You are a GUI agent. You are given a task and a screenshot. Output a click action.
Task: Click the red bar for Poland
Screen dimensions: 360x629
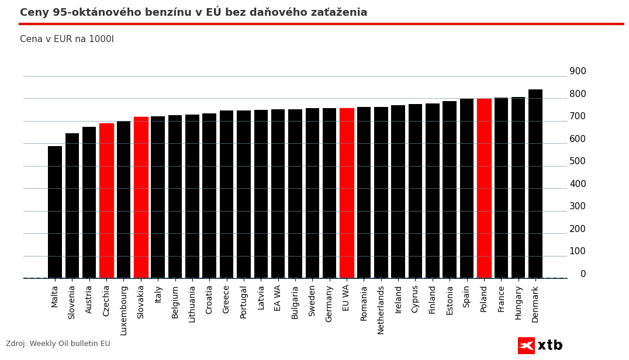484,188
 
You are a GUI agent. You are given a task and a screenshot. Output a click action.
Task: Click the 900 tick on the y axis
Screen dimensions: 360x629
578,71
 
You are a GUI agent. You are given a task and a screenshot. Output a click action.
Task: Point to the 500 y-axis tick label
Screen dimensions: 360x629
578,161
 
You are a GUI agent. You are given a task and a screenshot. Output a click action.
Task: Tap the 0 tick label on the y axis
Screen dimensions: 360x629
583,274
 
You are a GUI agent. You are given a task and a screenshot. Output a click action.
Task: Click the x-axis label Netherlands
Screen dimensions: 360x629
381,309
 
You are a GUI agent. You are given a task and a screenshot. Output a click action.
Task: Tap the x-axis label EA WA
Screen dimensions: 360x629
278,297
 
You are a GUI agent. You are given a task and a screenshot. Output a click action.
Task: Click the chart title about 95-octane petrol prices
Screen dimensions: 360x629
193,12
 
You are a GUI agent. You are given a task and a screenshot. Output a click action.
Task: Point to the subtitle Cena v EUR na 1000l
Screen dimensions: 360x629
67,39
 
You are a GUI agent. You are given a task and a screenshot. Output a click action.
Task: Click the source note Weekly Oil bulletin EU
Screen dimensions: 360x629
58,344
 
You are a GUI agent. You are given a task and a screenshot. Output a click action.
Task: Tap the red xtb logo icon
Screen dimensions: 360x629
526,345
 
